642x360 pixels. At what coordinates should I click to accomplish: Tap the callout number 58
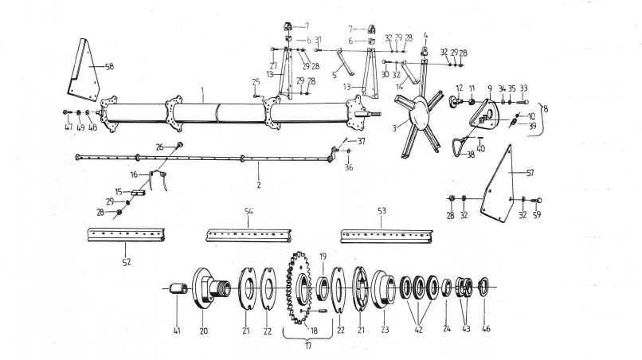(109, 67)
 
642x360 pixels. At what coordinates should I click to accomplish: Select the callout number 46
(487, 327)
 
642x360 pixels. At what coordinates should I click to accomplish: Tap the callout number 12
(460, 86)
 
